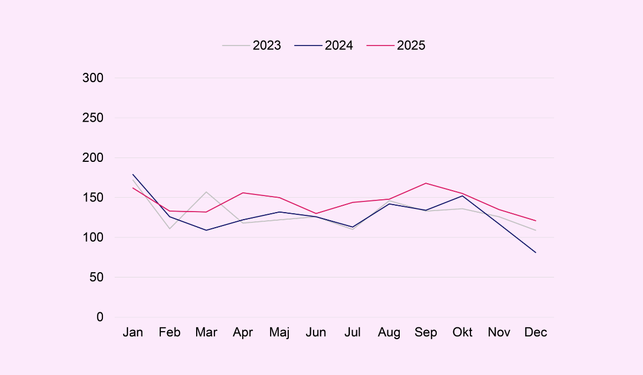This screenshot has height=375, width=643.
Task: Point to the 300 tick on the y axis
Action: coord(93,78)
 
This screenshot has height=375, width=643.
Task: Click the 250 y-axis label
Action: coord(93,118)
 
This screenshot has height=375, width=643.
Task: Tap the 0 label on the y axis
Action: coord(100,317)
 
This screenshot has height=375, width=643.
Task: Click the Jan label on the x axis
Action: coord(133,333)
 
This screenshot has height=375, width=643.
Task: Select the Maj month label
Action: coord(279,333)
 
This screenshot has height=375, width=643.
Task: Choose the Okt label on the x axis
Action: coord(462,333)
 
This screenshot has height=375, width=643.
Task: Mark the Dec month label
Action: coord(536,333)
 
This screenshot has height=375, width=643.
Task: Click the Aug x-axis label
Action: coord(389,333)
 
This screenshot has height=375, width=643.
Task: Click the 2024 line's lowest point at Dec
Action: coord(536,252)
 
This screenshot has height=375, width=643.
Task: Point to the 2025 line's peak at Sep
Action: coord(426,183)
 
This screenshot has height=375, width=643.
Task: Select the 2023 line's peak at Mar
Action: coord(206,192)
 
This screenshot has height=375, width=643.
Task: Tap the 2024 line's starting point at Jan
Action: coord(133,175)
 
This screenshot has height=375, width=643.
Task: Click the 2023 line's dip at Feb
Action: coord(169,229)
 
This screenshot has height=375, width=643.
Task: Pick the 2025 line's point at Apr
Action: coord(243,193)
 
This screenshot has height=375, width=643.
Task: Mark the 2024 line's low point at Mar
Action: coord(206,230)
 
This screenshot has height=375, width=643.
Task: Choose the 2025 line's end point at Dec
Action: coord(536,221)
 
